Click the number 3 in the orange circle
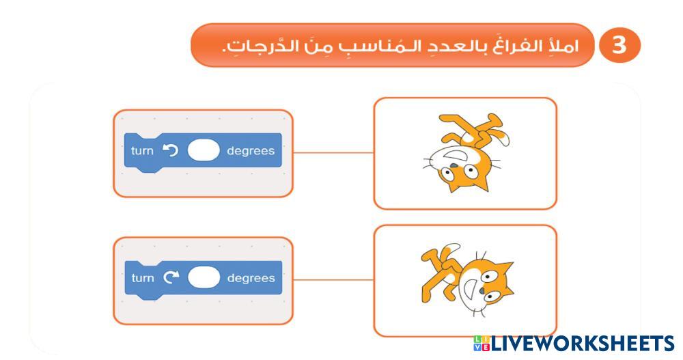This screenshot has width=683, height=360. (x=619, y=45)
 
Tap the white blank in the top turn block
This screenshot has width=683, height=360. (x=204, y=151)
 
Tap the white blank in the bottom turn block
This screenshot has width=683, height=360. (x=204, y=277)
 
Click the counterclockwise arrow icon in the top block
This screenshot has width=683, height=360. (x=170, y=150)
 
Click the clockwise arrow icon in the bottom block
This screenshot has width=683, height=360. (x=171, y=277)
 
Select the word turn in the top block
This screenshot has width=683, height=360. (x=143, y=151)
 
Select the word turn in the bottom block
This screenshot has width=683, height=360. (x=143, y=278)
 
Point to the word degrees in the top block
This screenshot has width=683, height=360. (x=251, y=151)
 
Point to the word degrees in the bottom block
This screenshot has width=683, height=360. (x=251, y=279)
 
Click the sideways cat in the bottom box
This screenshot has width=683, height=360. (x=467, y=280)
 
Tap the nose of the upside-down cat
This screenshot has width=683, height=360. (x=454, y=165)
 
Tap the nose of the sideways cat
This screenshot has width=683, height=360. (x=482, y=290)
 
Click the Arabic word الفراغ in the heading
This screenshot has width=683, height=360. (x=526, y=45)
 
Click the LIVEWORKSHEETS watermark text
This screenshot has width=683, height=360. (x=583, y=344)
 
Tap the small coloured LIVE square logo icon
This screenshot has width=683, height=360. (x=482, y=344)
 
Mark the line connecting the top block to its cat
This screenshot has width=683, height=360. (x=333, y=153)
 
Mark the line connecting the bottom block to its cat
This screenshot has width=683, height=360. (x=333, y=280)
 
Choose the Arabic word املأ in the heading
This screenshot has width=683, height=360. (x=566, y=45)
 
